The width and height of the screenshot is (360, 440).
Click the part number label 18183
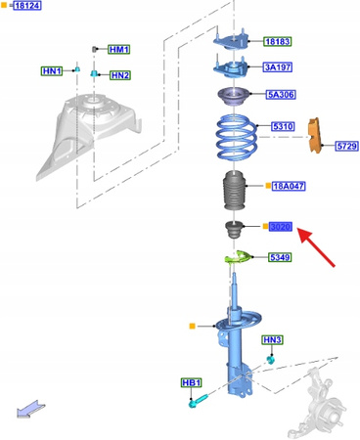(277, 42)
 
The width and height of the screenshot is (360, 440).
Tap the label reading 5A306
(281, 95)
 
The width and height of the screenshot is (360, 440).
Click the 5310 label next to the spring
(283, 127)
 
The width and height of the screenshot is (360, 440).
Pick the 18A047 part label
(289, 186)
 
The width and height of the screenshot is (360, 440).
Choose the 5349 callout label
(281, 257)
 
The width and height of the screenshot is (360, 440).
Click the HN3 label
(272, 340)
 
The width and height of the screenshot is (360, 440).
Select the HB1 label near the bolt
(192, 382)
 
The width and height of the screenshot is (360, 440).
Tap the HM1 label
(119, 49)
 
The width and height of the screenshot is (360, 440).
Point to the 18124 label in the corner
(25, 6)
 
